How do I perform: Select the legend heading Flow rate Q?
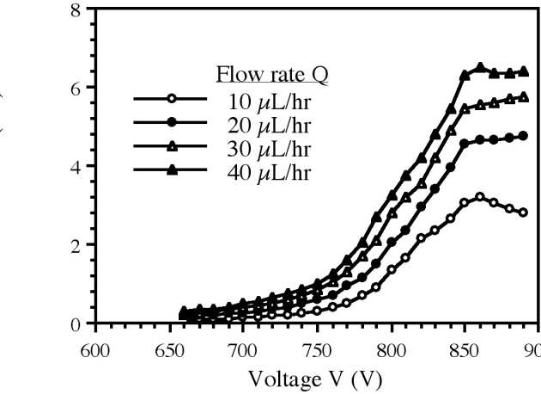[270, 75]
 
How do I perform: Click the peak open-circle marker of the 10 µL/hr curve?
[479, 196]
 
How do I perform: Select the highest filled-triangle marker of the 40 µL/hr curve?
[480, 66]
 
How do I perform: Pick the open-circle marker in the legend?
[173, 99]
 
